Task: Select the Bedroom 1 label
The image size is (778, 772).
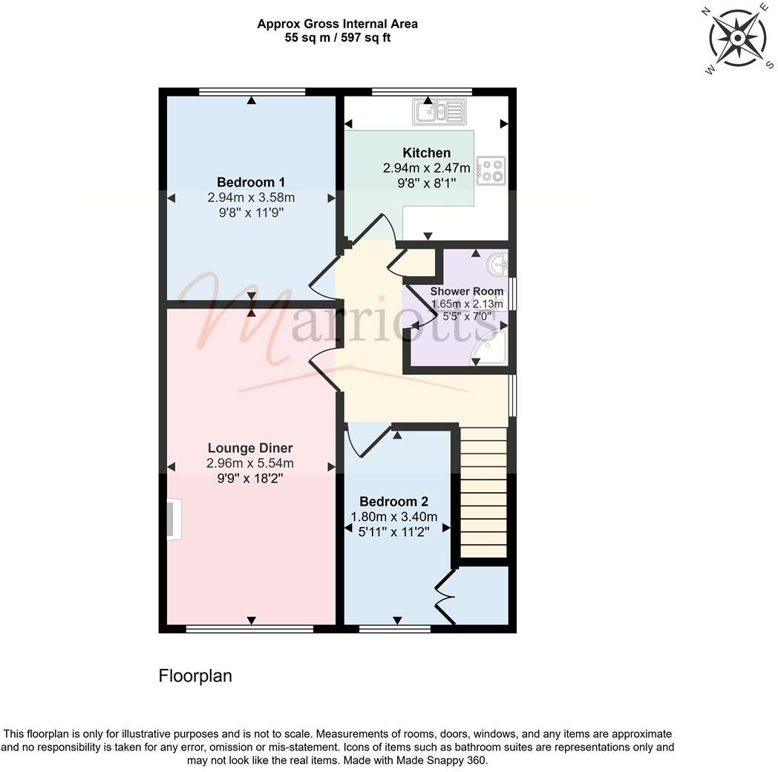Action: pos(251,182)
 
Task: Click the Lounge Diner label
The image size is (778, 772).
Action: pos(250,448)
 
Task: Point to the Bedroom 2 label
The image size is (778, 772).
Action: pos(393,502)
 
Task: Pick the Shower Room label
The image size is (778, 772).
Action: pos(467,291)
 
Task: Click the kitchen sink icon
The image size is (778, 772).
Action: pos(439,112)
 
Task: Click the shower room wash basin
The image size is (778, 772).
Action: pos(497,263)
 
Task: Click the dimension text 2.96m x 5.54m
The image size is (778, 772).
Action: pos(250,464)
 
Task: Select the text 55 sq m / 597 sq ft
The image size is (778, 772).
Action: pos(337,38)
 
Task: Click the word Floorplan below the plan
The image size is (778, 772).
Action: pos(195,676)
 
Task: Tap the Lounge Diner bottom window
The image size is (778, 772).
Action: pos(249,629)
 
